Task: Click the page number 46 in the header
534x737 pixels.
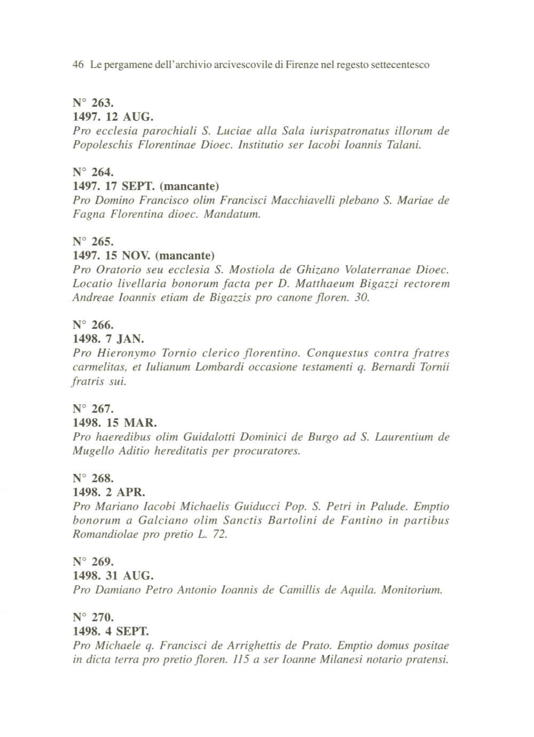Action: click(x=78, y=65)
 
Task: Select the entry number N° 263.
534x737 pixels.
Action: click(x=92, y=103)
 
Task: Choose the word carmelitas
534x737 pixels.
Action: click(x=98, y=367)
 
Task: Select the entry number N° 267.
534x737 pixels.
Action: click(x=92, y=409)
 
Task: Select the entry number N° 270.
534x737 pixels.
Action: click(x=92, y=617)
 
